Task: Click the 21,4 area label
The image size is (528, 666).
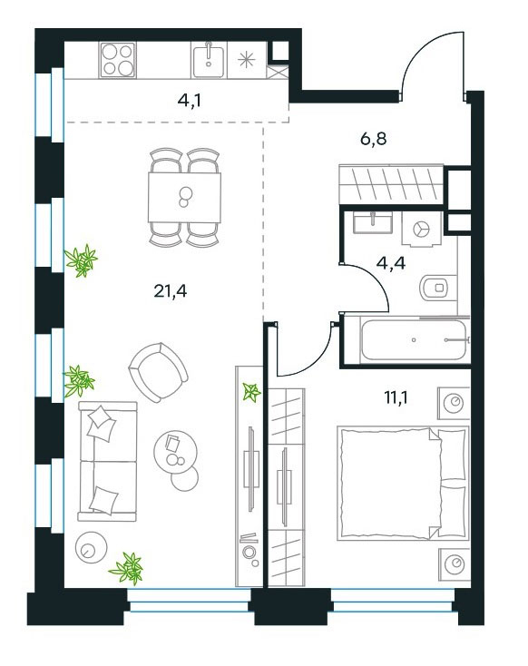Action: click(170, 291)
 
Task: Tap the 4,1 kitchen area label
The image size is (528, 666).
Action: click(190, 101)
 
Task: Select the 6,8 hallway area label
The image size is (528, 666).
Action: click(374, 139)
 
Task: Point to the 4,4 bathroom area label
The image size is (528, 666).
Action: click(391, 263)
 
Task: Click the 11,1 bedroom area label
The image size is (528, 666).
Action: click(396, 398)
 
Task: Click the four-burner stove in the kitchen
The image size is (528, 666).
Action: click(118, 60)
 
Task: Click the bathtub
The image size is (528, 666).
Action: click(414, 340)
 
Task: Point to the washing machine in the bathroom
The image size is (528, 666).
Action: click(422, 230)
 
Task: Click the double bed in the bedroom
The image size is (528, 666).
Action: click(403, 484)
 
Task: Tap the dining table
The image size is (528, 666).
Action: click(184, 198)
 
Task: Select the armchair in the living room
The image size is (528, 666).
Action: click(158, 373)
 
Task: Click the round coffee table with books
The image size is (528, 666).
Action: click(175, 453)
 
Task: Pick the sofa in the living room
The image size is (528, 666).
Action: click(108, 461)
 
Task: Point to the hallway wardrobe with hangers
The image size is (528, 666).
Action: click(391, 183)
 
